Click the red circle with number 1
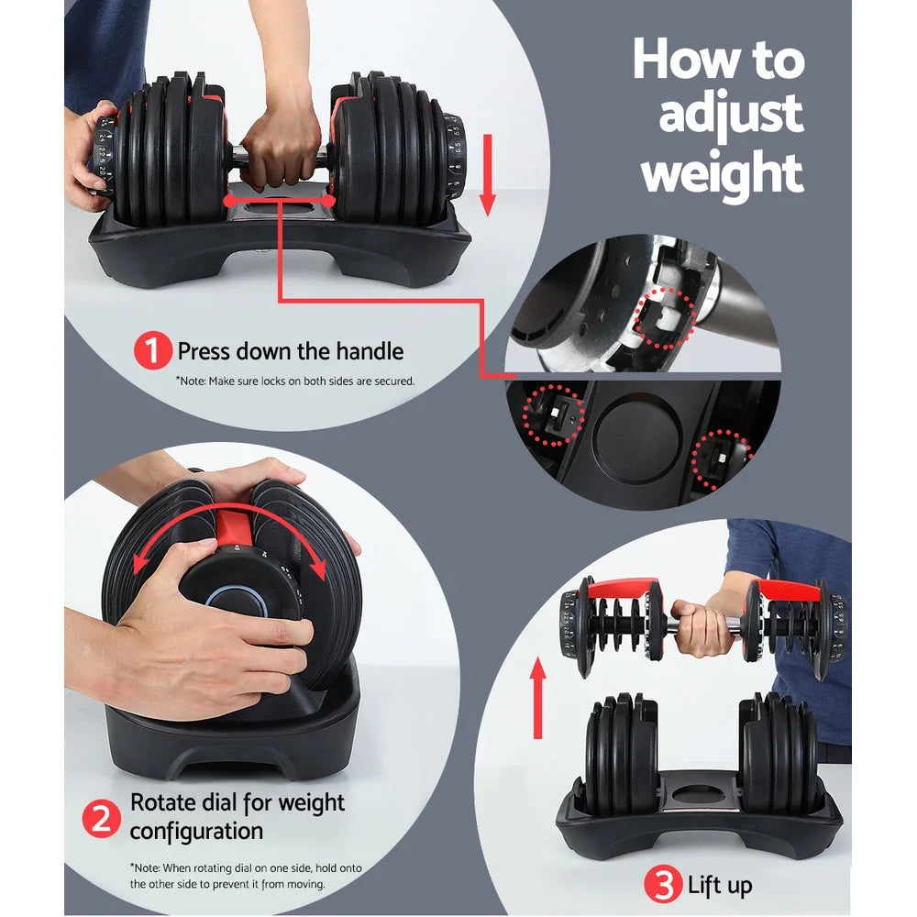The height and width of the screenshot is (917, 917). [x=153, y=351]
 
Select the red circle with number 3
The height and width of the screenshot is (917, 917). [x=663, y=885]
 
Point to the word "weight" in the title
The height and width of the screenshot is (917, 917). [x=722, y=172]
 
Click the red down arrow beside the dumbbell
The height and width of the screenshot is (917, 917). [x=487, y=174]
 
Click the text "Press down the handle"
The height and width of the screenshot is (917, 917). [x=290, y=351]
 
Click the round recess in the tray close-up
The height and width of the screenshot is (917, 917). [x=636, y=438]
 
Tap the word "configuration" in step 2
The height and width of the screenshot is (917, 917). [x=196, y=832]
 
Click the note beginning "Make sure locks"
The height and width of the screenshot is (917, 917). [x=295, y=380]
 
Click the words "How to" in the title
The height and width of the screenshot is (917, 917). [x=718, y=60]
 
